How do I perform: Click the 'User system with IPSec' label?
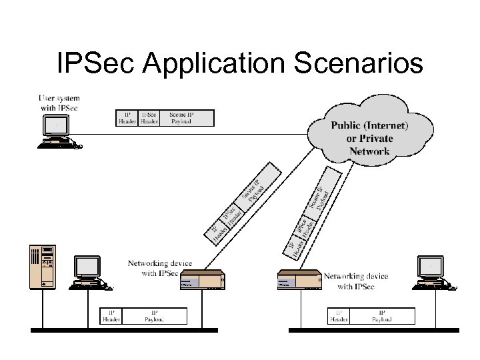(59, 103)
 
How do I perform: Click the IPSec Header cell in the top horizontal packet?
(149, 118)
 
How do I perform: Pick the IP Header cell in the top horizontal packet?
(127, 118)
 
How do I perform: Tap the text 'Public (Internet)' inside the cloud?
(370, 125)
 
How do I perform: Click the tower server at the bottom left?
(41, 267)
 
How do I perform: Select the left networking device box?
(203, 281)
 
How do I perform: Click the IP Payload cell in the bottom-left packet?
(155, 315)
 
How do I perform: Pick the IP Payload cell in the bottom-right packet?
(383, 315)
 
